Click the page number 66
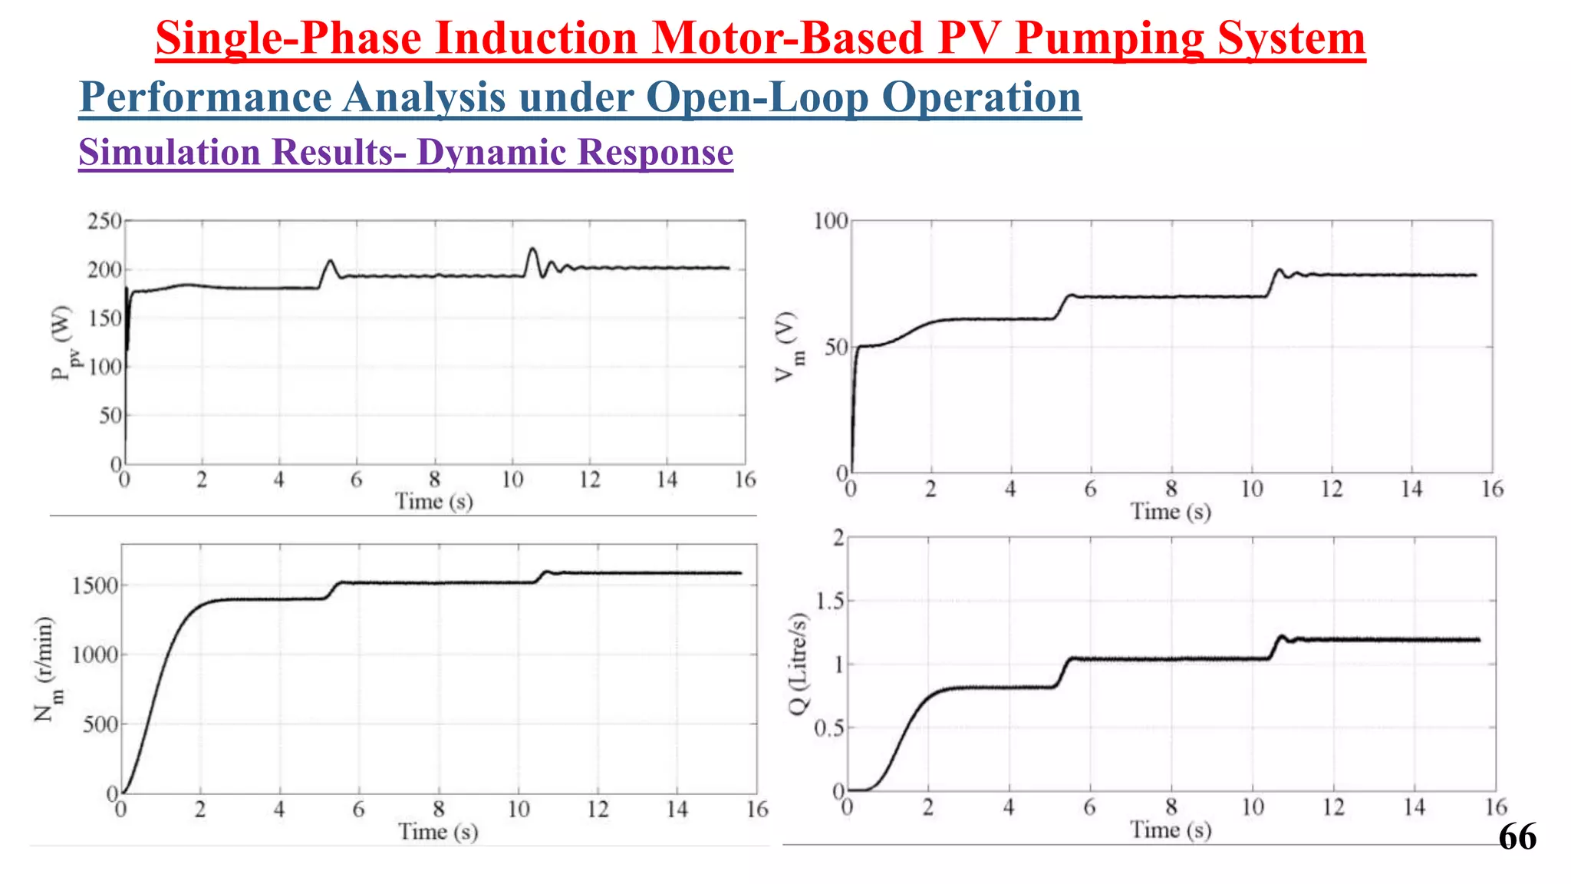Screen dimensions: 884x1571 (1517, 836)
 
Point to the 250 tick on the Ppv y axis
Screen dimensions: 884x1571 (104, 221)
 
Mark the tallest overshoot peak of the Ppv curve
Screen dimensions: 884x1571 (532, 249)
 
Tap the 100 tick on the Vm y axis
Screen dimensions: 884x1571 (831, 221)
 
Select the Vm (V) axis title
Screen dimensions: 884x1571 (788, 347)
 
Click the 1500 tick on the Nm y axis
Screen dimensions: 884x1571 (94, 586)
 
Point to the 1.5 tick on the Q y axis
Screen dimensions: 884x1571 (828, 601)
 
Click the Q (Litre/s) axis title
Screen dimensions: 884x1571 (799, 665)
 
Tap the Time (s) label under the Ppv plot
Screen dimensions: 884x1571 (434, 502)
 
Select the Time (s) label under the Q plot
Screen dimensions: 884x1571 (1171, 830)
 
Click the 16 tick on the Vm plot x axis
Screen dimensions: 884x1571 (1491, 489)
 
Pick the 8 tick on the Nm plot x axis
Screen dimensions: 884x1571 (438, 810)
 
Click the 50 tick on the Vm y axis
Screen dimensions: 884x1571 (836, 347)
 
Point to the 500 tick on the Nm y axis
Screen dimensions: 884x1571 (100, 724)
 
